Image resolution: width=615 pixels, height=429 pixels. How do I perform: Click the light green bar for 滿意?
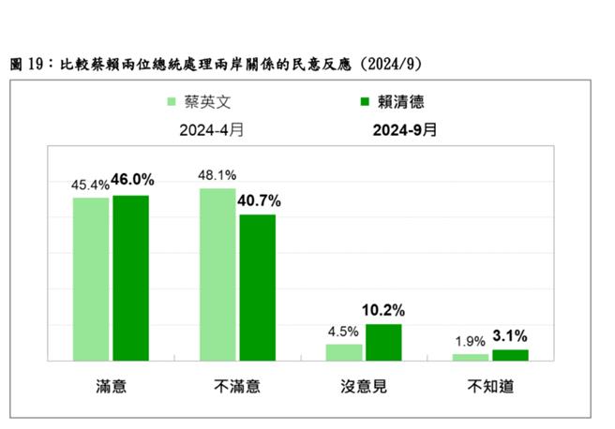[x=91, y=278]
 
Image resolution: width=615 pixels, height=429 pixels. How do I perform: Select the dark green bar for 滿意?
[x=130, y=277]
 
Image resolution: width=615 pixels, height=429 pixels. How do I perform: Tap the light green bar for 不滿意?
[x=217, y=274]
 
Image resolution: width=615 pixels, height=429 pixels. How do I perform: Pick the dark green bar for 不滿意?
[x=257, y=287]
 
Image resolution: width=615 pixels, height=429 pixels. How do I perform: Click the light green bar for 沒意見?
[x=344, y=351]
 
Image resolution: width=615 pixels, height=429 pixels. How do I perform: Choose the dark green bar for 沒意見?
[x=383, y=342]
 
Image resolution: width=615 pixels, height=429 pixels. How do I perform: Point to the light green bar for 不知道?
[x=471, y=357]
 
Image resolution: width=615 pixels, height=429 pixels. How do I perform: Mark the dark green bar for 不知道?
[x=510, y=354]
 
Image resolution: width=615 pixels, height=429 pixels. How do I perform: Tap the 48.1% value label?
[x=217, y=174]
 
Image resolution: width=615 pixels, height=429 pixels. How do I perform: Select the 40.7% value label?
[x=259, y=200]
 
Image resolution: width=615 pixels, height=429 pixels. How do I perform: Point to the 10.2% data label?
[x=385, y=310]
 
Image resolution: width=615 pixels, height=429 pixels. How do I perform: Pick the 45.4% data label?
[x=90, y=185]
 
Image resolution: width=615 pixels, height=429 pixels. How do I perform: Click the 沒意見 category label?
[x=363, y=386]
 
